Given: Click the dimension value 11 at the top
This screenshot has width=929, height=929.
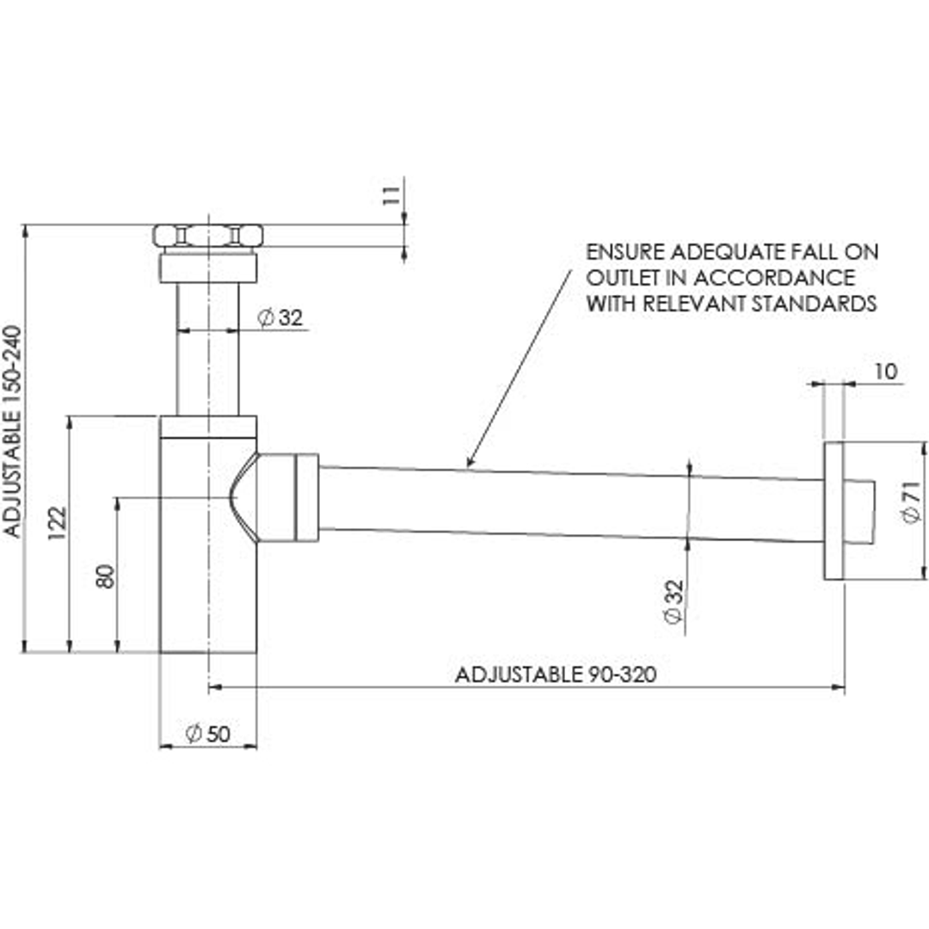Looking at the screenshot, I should [x=390, y=194].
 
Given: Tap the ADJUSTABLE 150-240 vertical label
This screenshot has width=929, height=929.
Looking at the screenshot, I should [x=12, y=431].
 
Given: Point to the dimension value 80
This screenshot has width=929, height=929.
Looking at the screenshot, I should [x=105, y=575].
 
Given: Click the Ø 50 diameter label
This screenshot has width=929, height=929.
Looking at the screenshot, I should [x=208, y=734].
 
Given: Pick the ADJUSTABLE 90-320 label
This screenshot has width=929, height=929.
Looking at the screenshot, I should [x=555, y=674].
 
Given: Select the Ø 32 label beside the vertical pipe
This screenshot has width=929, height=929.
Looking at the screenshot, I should [x=281, y=318].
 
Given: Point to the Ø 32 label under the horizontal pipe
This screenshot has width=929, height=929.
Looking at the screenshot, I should [x=674, y=601].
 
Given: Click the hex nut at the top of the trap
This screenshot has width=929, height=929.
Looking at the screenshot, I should [x=208, y=235].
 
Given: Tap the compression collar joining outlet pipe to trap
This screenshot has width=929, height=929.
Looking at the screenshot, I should [x=306, y=498].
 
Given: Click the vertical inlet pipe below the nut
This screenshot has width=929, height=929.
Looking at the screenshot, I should [x=208, y=348].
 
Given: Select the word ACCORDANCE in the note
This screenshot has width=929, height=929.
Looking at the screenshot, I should [x=773, y=278].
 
